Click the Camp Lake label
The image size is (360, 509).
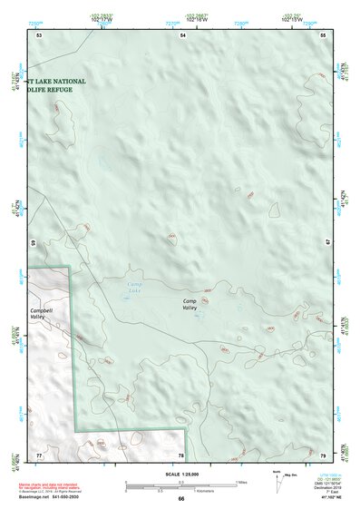point(134,288)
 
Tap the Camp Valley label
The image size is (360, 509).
point(190,304)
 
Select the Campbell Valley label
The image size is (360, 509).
point(43,314)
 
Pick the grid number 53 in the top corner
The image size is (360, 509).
point(39,34)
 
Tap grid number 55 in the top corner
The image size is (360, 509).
point(323,34)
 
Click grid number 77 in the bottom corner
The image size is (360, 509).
point(39,454)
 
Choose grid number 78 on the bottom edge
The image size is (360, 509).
point(181,455)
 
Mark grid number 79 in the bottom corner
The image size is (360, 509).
point(323,454)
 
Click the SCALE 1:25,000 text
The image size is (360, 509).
point(180,475)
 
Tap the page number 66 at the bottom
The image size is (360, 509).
point(180,499)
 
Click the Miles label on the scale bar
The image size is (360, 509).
point(242,482)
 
